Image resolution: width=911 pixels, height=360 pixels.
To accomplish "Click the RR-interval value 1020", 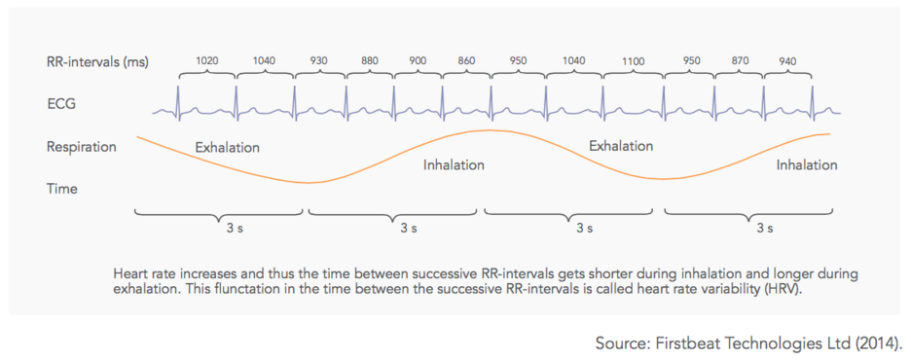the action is [207, 61].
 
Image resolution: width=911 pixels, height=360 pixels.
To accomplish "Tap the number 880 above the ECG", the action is [370, 61].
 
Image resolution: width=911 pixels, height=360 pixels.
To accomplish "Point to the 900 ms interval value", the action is [418, 61].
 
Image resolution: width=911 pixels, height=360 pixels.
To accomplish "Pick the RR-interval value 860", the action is [466, 61].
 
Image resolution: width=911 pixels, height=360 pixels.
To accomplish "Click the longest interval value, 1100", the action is [634, 61].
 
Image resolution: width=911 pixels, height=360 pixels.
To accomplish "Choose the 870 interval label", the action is [740, 61].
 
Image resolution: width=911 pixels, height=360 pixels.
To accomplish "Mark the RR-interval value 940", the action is [788, 61].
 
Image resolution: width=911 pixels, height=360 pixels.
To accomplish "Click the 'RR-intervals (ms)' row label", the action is [97, 63].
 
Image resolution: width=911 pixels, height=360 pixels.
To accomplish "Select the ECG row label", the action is [61, 104].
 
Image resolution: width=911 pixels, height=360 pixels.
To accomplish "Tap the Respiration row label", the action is [82, 147].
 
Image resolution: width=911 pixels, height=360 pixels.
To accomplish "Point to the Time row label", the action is [62, 189].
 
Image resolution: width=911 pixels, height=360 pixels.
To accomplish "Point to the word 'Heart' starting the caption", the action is [128, 273].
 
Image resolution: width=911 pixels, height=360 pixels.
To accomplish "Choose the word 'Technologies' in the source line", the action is [753, 343].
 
